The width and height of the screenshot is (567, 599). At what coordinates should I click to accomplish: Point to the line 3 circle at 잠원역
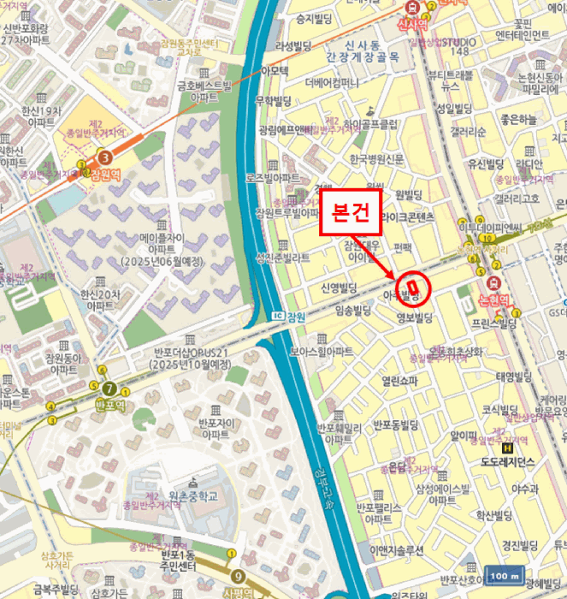click(x=104, y=157)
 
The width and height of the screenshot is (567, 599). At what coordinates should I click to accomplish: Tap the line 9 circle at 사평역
click(x=237, y=575)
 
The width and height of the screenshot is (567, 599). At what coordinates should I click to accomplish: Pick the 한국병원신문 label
click(x=376, y=159)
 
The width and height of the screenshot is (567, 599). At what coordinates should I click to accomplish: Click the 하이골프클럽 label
click(x=370, y=124)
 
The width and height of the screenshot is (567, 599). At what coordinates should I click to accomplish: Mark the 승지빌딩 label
click(x=314, y=17)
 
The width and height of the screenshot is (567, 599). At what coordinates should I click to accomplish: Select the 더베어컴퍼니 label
click(x=333, y=84)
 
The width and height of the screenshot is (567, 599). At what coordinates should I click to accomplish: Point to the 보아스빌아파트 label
click(x=321, y=352)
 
